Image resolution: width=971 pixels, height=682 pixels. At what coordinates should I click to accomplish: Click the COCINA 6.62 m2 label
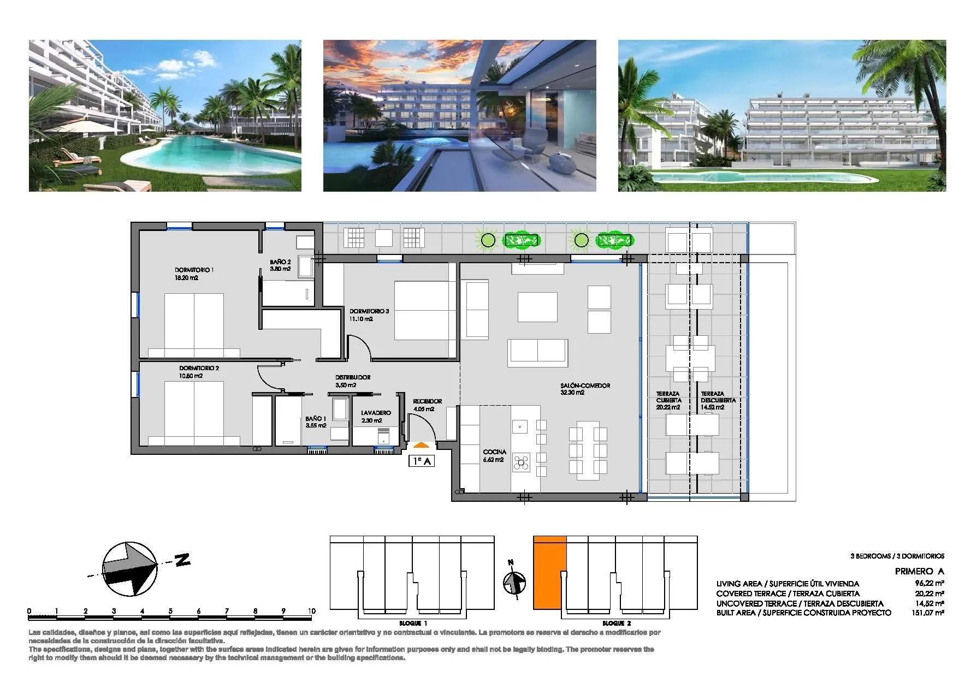click(x=494, y=455)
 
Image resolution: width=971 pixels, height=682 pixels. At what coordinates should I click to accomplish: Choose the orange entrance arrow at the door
click(x=421, y=446)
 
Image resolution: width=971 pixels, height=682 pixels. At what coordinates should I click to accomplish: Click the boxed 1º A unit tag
click(x=422, y=461)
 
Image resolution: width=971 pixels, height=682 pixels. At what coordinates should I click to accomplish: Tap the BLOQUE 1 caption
click(x=413, y=623)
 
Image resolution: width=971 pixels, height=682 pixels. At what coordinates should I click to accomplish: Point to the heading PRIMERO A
click(x=919, y=571)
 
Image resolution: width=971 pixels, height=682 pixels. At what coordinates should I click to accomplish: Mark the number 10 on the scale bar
click(x=311, y=611)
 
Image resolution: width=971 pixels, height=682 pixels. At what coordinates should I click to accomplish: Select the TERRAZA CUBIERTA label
click(x=668, y=400)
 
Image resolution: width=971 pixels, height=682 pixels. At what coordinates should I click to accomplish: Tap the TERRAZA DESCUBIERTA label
click(x=718, y=400)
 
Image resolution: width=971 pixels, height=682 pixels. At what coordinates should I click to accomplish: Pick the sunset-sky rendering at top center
click(x=459, y=115)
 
